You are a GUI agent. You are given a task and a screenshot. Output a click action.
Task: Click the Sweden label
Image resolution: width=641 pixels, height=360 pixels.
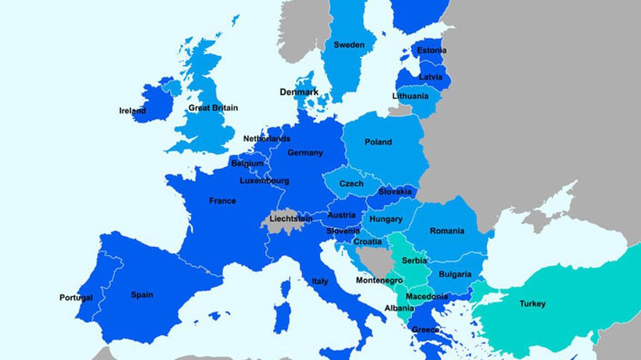pos(349,45)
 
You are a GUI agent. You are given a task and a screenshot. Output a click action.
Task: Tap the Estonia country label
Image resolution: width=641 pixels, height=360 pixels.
pos(432,50)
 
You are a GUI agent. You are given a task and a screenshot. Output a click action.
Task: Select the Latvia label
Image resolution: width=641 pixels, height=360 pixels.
pos(430,77)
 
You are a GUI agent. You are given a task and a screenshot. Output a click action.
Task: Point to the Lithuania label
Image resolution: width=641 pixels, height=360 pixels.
pos(410,96)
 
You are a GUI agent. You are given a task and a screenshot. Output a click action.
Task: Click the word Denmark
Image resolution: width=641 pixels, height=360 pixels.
pos(299,92)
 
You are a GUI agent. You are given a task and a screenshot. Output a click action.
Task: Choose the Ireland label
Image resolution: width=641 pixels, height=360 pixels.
pos(133,111)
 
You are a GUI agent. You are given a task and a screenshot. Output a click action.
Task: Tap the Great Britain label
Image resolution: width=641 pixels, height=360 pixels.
pos(213,108)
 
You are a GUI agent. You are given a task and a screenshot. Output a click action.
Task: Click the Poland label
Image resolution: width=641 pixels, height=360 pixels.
pos(378,142)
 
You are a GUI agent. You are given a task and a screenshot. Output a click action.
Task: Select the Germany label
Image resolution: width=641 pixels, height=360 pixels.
pos(305,153)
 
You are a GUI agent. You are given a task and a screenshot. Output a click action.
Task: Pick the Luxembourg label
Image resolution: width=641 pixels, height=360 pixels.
pos(264,181)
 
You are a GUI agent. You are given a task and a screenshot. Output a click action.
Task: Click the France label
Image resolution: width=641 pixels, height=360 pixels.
pos(223,201)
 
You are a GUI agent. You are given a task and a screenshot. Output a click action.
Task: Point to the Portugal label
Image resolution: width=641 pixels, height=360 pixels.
pos(76,298)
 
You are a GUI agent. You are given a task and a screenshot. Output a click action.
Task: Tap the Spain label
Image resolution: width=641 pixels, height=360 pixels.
pos(142,295)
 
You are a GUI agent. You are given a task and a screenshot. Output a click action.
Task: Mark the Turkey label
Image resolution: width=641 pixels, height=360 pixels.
pos(532,304)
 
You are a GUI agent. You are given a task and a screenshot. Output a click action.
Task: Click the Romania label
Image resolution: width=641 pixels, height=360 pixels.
pos(447,231)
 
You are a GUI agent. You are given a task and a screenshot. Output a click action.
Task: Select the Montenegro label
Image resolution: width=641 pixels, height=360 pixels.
pos(379,280)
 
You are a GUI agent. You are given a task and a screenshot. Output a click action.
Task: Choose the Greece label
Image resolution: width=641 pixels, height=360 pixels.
pos(425,329)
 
